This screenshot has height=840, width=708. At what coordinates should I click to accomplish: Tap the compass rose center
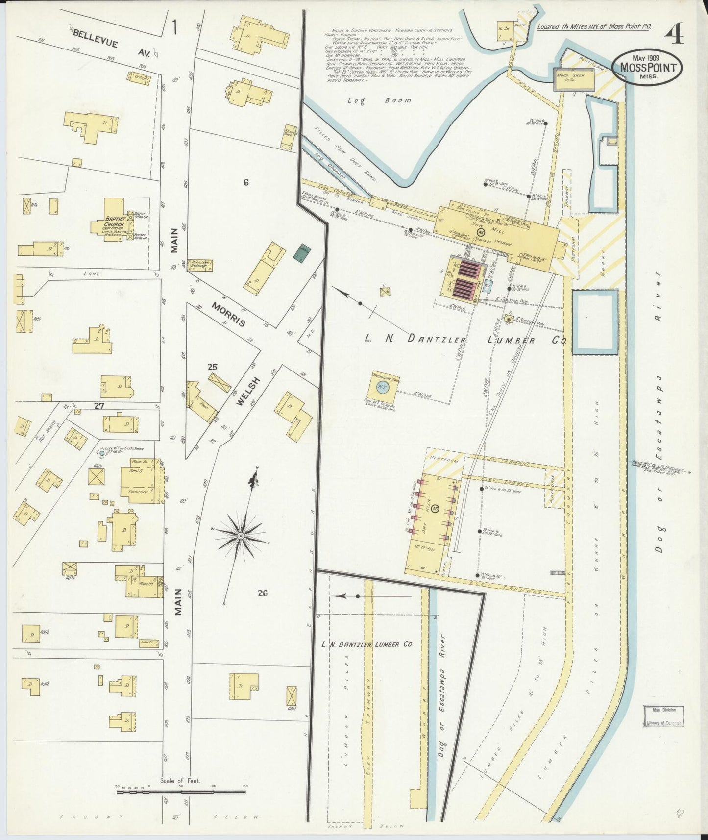(241, 536)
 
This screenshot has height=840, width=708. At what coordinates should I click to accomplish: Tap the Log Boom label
(380, 100)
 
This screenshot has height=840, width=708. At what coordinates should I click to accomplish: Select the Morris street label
(228, 315)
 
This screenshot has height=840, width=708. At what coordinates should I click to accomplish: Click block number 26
(263, 593)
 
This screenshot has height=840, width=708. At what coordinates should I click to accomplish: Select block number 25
(212, 367)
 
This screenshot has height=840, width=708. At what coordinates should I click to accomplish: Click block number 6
(245, 182)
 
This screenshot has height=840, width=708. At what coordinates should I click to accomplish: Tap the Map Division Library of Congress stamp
(663, 716)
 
